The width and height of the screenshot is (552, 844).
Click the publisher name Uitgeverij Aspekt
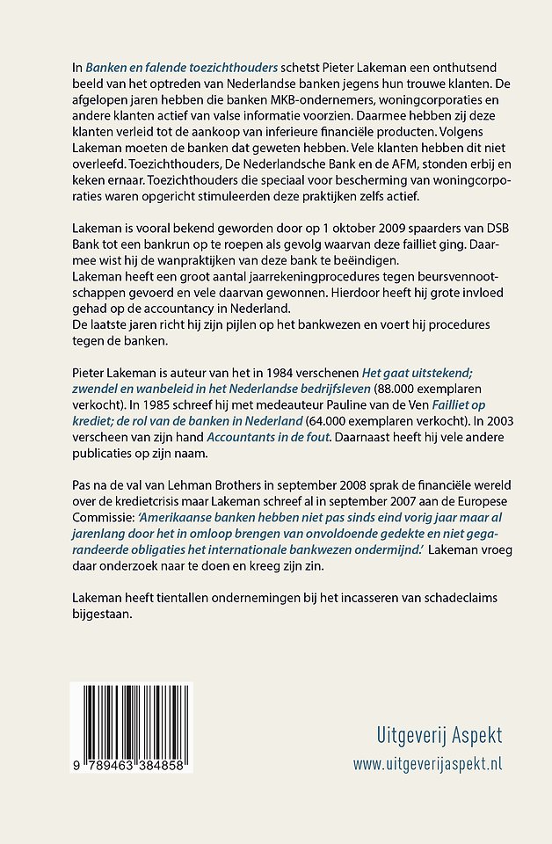(428, 735)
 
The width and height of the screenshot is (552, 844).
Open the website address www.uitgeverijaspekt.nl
(428, 764)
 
